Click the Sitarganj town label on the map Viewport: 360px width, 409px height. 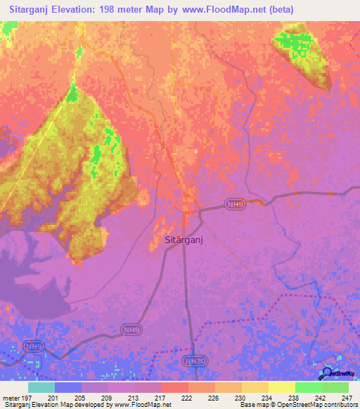pos(184,240)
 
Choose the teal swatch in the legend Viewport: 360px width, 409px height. pos(41,387)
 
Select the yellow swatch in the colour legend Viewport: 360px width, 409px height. pos(281,387)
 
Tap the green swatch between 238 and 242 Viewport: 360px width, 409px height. pos(308,387)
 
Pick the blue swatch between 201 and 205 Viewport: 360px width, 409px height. pos(67,387)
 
